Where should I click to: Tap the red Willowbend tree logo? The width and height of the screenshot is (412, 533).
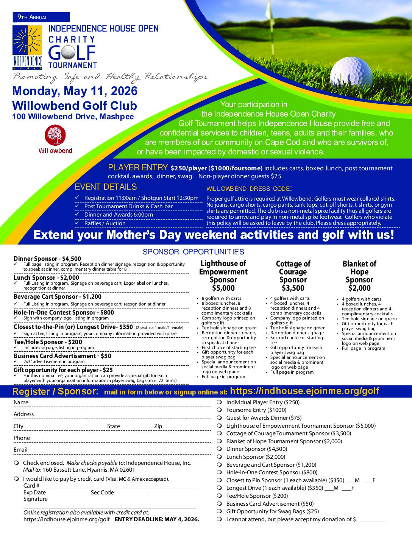point(55,135)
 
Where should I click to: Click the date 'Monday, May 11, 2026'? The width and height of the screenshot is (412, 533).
point(75,91)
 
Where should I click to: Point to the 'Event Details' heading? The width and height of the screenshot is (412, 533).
point(106,187)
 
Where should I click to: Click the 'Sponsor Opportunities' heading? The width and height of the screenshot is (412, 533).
point(193,252)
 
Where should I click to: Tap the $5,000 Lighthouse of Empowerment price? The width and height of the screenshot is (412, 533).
point(223,288)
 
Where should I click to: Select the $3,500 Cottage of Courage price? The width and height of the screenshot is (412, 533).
point(293,288)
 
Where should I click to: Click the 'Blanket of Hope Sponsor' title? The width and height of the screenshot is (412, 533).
point(359,272)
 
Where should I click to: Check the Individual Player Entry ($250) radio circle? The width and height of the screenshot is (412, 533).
point(219,402)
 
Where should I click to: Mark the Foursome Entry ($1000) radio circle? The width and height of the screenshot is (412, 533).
point(219,410)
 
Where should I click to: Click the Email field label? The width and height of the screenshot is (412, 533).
point(20,450)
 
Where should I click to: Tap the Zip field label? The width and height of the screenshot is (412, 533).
point(158,426)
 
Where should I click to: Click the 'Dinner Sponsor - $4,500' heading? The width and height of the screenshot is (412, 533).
point(47,259)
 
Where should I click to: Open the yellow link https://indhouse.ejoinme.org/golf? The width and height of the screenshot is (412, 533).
point(304,391)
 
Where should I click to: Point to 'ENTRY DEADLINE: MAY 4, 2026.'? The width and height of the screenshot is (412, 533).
point(157,519)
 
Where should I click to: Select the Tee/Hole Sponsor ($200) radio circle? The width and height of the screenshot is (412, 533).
point(219,496)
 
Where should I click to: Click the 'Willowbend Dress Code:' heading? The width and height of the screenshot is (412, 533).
point(249,189)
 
